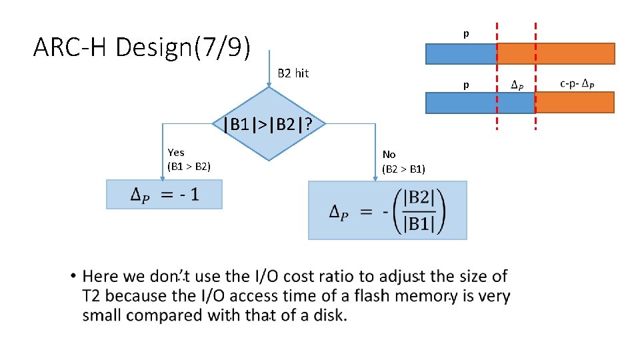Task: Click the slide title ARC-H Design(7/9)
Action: click(142, 47)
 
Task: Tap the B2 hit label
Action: click(293, 73)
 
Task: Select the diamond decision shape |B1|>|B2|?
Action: click(266, 124)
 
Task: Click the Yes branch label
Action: click(176, 153)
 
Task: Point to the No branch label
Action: click(389, 155)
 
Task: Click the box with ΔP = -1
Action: click(164, 195)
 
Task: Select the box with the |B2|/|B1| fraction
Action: click(387, 211)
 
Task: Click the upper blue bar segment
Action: click(461, 53)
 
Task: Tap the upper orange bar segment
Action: click(556, 53)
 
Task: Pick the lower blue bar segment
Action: click(480, 102)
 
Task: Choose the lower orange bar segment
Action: click(575, 102)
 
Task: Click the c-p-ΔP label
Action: click(577, 84)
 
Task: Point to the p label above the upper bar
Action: click(466, 33)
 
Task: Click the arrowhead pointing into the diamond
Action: click(267, 84)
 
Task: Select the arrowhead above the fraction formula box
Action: click(376, 177)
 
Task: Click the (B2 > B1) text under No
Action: click(404, 169)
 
